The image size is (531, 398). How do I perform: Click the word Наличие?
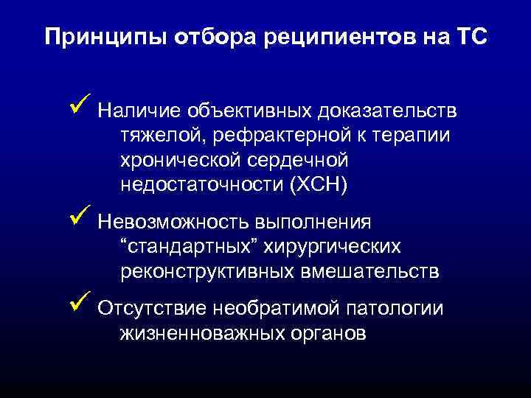[x=139, y=111]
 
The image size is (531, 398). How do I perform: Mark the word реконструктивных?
[x=206, y=271]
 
